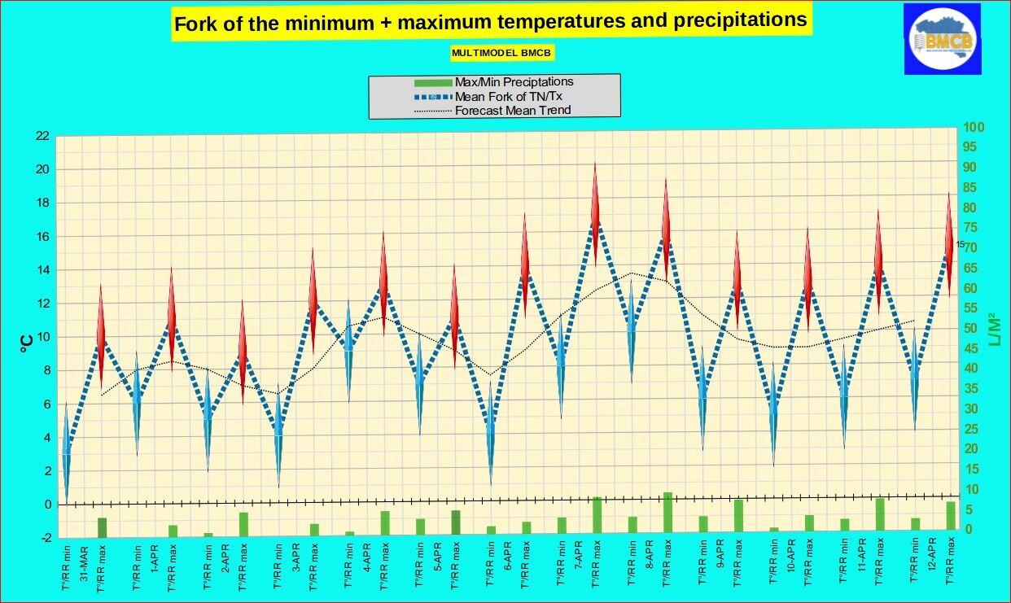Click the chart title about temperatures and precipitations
click(491, 22)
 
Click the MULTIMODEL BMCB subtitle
click(502, 53)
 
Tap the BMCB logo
click(942, 38)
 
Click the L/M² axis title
click(994, 330)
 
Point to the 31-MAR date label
click(84, 561)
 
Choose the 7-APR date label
click(579, 561)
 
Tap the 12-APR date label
click(933, 561)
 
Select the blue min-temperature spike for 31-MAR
click(66, 452)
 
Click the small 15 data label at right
click(960, 244)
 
